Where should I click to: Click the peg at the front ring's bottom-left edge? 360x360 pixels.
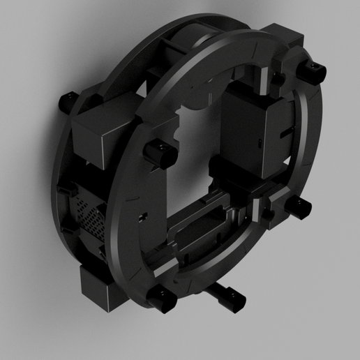pyautogui.click(x=162, y=299)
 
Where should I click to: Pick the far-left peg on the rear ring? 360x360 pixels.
pyautogui.click(x=68, y=102)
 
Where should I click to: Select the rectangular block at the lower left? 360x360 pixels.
pyautogui.click(x=100, y=287)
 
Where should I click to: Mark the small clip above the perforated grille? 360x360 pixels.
pyautogui.click(x=71, y=190)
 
